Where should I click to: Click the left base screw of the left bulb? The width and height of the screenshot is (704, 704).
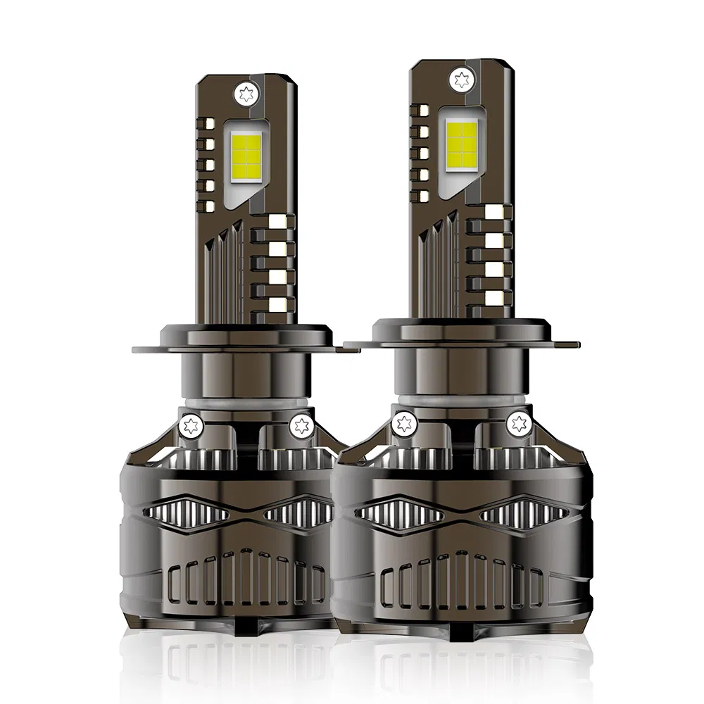pyautogui.click(x=189, y=425)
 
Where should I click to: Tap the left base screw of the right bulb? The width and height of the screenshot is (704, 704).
pyautogui.click(x=405, y=422)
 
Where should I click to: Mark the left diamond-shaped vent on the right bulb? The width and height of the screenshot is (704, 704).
pyautogui.click(x=401, y=508)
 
